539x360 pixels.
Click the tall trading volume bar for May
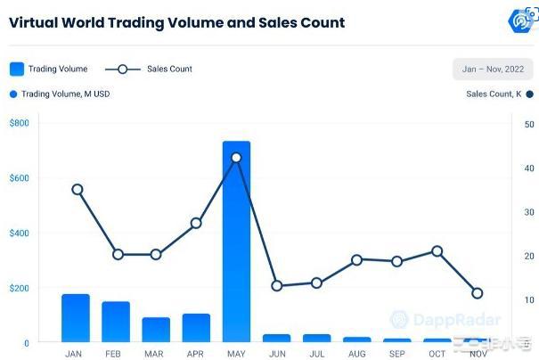(x=236, y=241)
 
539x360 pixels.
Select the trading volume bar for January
(x=76, y=318)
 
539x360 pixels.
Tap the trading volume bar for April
(x=196, y=327)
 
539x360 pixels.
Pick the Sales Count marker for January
(x=78, y=189)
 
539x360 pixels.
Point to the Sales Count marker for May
(x=236, y=158)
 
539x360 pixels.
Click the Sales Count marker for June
(x=277, y=286)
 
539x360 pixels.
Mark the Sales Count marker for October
(x=437, y=251)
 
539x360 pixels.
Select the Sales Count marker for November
(x=478, y=293)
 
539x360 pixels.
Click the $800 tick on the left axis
(x=19, y=123)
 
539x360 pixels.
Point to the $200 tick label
(x=19, y=288)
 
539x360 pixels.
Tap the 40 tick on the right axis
(x=529, y=168)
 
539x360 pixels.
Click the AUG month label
(x=356, y=354)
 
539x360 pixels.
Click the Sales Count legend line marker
(x=123, y=69)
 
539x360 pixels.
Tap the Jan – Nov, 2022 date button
(x=493, y=70)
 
